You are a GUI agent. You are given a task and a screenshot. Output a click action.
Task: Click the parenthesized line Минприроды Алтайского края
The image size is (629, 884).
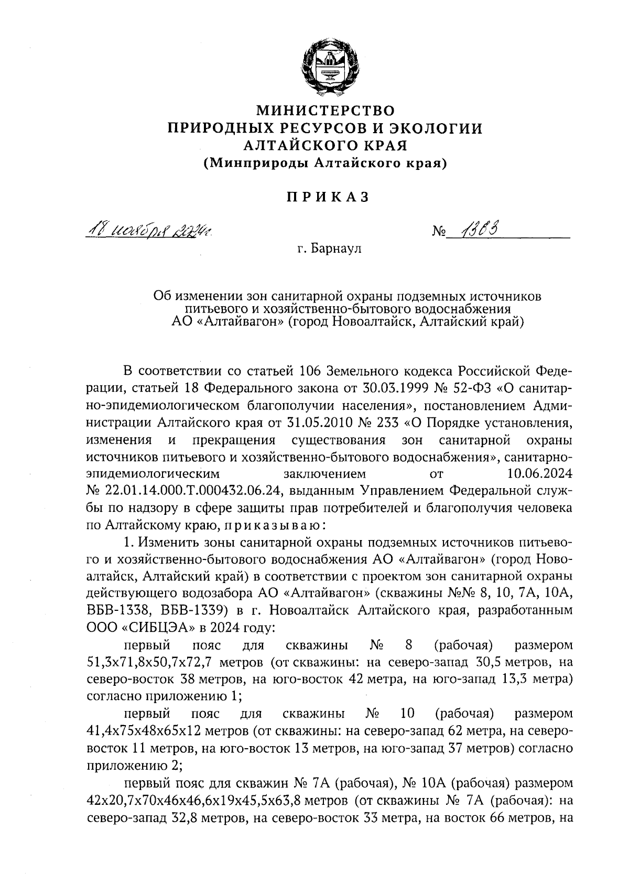(x=325, y=163)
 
